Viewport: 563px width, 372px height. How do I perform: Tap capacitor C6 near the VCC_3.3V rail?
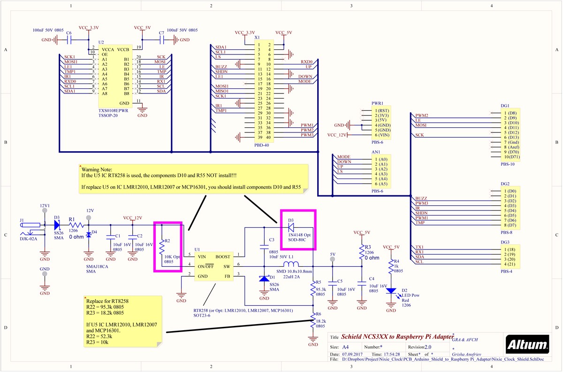(69, 40)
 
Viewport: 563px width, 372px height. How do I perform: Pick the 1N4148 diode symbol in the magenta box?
(293, 226)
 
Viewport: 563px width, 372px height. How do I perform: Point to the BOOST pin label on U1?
(223, 256)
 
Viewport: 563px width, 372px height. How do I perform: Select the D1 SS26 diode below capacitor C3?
(264, 279)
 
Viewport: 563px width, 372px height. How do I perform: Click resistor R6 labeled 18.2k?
(313, 322)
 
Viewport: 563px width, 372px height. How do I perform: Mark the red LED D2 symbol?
(391, 291)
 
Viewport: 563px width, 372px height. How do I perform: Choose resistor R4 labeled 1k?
(391, 267)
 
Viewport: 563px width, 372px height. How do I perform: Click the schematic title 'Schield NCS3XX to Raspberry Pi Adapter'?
(395, 337)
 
